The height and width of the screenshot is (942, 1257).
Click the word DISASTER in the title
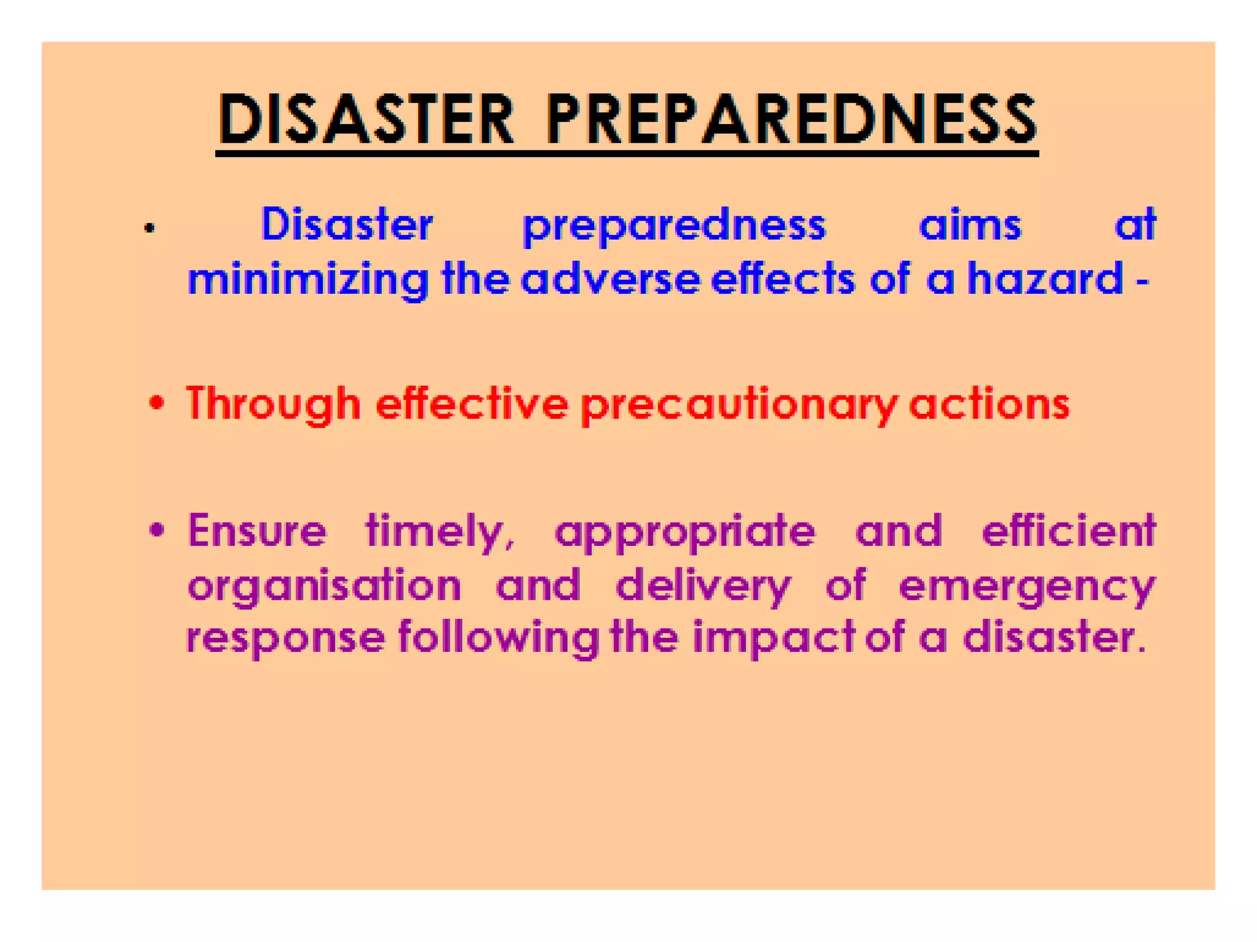click(x=366, y=120)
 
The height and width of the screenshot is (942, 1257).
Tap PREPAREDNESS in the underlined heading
click(x=791, y=120)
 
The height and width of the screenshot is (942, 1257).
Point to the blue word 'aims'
click(x=970, y=224)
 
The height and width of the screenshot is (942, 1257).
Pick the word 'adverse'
click(x=611, y=280)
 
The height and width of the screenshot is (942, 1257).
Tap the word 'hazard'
click(x=1045, y=280)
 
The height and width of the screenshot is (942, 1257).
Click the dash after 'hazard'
click(x=1142, y=283)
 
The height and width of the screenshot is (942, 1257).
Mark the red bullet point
click(x=157, y=403)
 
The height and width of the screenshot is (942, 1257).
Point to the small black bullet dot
click(x=150, y=229)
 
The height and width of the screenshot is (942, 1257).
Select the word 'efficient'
click(x=1069, y=530)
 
